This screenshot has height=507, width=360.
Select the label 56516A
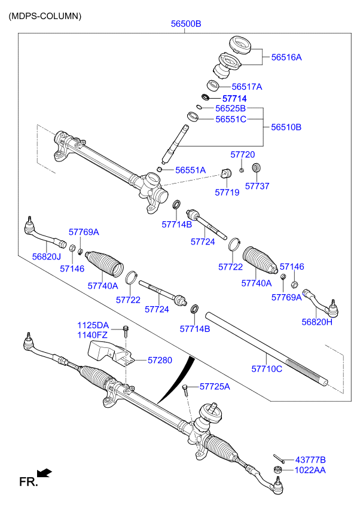(286, 57)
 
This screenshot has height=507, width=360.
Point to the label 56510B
(286, 127)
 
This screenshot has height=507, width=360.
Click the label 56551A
(190, 170)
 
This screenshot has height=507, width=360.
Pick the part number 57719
(227, 193)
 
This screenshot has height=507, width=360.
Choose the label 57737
(257, 186)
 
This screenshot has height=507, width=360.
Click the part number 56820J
(47, 256)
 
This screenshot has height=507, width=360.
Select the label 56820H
(316, 322)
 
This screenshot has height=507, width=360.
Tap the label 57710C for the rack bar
(266, 369)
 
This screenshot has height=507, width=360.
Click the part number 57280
(160, 360)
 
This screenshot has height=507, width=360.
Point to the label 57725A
(214, 387)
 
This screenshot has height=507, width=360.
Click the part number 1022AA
(310, 471)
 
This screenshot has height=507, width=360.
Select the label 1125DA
(93, 325)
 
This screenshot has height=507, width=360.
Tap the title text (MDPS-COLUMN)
(45, 16)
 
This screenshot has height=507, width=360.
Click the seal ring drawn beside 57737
(257, 167)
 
